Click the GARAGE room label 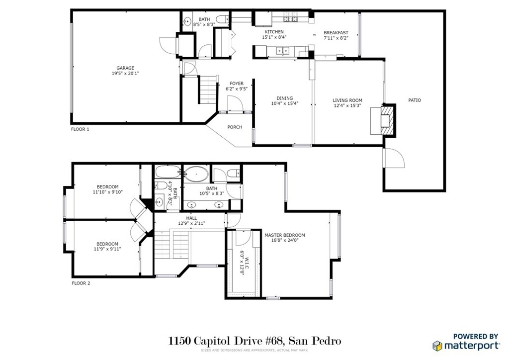pos(125,68)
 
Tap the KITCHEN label pos(274,32)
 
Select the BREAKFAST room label pos(336,32)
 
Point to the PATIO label pos(415,100)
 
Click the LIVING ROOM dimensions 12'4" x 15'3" pos(347,105)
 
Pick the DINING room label pos(285,98)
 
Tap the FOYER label pos(237,84)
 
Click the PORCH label pos(235,127)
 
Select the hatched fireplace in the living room pos(388,120)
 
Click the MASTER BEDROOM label pos(285,235)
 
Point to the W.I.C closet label pos(247,255)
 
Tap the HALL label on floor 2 pos(191,218)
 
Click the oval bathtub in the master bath pos(196,174)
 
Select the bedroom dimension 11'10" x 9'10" pos(108,192)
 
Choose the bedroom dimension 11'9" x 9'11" pos(107,249)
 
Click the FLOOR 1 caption pos(80,129)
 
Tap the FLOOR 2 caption pos(81,283)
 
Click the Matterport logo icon pos(437,346)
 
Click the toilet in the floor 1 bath pos(223,19)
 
